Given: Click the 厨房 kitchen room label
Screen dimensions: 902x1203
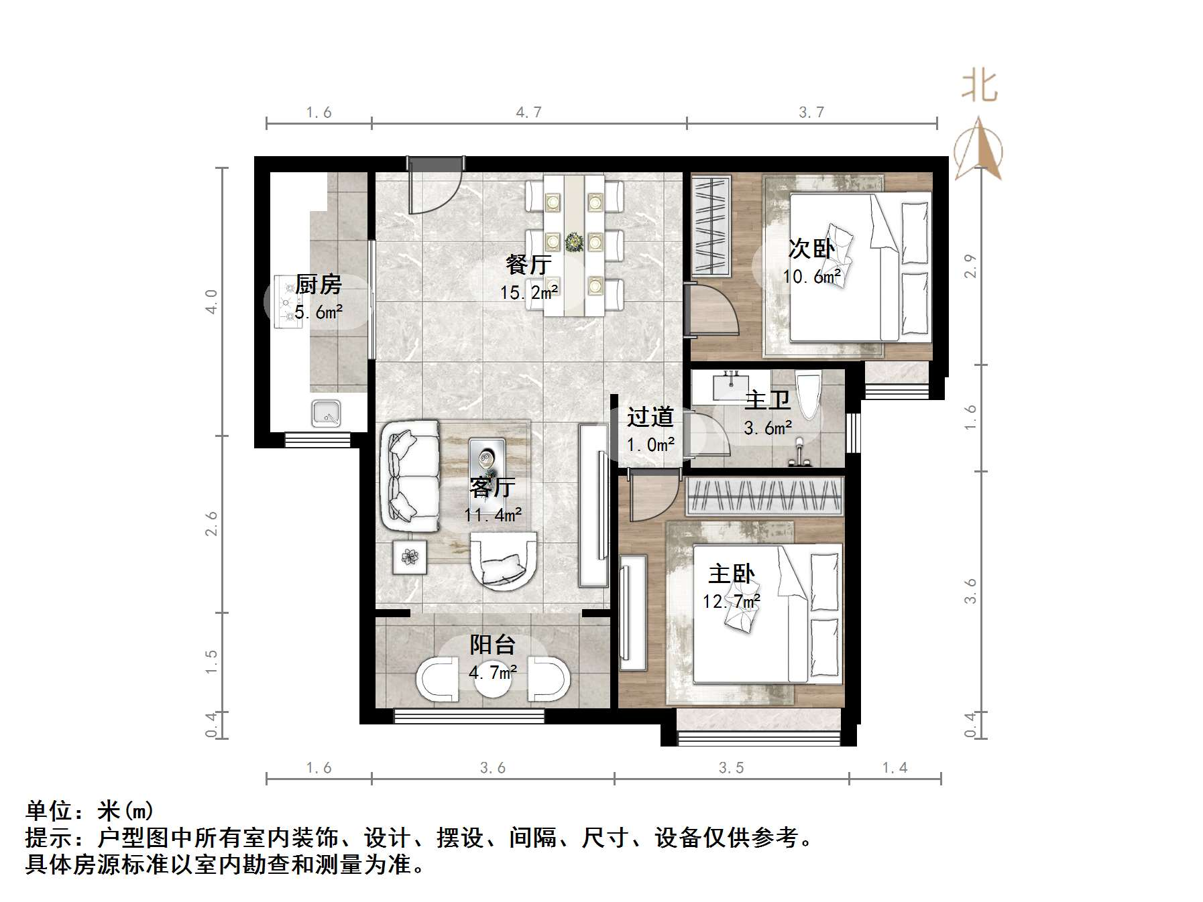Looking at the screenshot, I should pos(318,285).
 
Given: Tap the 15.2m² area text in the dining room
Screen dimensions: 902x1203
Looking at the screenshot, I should pos(528,293).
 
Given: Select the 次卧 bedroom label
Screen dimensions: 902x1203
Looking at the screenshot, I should pos(810,249).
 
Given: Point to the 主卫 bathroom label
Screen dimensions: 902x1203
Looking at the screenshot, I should pos(767,401).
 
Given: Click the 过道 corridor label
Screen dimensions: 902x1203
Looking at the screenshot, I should pos(649,417).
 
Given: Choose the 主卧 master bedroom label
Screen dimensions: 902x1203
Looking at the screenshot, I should pos(731,574).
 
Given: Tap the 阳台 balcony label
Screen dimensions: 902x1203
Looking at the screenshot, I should pos(492,645).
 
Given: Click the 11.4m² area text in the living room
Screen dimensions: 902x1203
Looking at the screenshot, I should pos(493,515).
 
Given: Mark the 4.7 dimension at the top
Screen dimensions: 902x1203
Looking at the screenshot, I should pos(528,113).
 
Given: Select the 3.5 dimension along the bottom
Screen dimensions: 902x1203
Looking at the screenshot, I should pos(731,768).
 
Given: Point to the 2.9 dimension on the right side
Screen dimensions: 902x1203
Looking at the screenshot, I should pos(970,266).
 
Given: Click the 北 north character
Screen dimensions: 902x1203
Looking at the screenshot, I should pos(979,87).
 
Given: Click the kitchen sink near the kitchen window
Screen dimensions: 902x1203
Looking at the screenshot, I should pos(327,413).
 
